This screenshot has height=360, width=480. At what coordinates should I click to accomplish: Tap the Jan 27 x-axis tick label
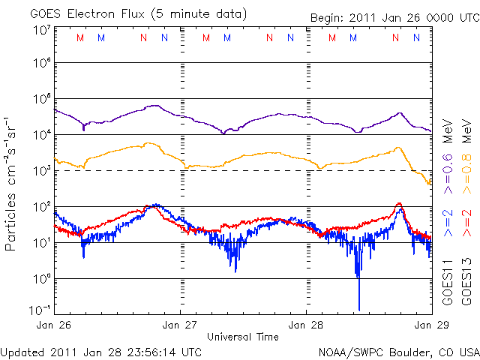click(180, 325)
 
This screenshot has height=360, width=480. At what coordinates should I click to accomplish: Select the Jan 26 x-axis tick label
click(54, 325)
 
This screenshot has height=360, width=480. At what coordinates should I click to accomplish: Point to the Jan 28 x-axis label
click(306, 325)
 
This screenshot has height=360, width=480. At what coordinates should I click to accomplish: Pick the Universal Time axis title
click(242, 337)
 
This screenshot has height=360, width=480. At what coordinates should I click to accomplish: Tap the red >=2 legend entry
click(465, 224)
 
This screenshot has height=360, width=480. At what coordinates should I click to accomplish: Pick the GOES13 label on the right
click(465, 282)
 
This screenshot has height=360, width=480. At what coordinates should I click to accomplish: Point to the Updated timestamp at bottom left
click(101, 351)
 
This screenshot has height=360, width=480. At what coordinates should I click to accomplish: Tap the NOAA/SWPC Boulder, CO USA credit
click(398, 351)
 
